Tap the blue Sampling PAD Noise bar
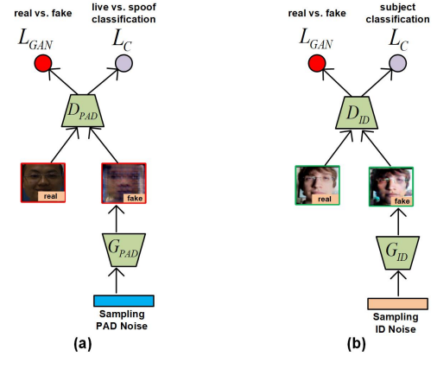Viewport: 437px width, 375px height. click(123, 301)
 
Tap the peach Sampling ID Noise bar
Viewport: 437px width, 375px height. click(397, 303)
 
